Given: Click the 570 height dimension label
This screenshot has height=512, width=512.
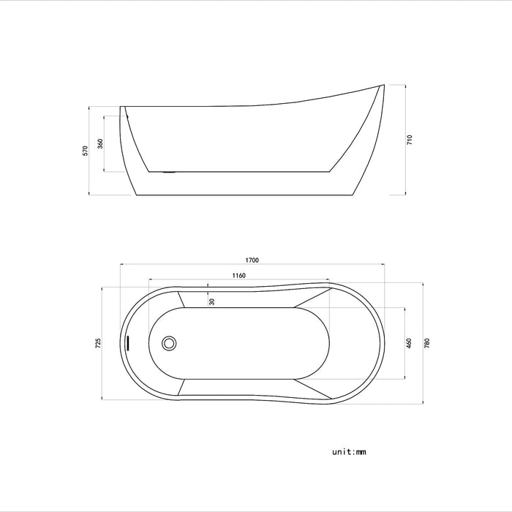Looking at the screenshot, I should coord(86,151).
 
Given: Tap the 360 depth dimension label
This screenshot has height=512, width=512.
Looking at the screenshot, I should coord(100,143).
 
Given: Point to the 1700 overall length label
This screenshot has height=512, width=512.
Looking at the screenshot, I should coord(252,260).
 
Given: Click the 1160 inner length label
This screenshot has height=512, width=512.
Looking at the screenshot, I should coord(238,276).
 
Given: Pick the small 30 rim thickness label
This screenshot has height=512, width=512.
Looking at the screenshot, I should coord(211,301).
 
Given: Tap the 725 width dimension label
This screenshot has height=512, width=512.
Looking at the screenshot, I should coord(98,343).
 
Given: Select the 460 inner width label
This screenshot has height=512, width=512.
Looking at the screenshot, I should coord(410,342).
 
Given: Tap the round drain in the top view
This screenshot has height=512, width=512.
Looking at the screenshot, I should coord(169,342).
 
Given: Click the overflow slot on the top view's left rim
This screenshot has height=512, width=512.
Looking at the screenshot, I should coord(128,342).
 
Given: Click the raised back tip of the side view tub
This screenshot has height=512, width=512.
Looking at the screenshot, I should coord(383,86).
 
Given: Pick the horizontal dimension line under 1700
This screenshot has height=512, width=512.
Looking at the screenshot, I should coord(252,265).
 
